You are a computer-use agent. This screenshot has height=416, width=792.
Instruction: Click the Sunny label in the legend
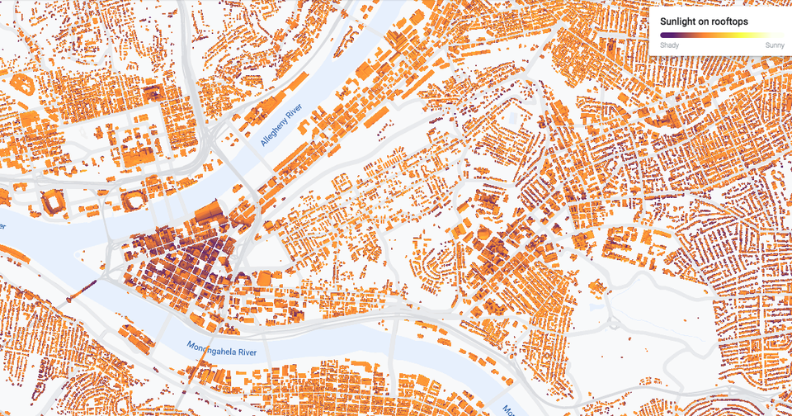click(x=774, y=45)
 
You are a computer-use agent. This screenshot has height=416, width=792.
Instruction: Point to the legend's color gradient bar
click(x=720, y=35)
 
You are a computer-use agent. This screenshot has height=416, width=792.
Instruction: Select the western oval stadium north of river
click(x=53, y=201)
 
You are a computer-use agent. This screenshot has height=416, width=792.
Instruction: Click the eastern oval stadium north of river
click(x=132, y=201)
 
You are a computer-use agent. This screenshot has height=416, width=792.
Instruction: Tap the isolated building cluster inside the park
click(x=596, y=286)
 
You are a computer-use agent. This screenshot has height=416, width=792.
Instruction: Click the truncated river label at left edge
click(x=3, y=225)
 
